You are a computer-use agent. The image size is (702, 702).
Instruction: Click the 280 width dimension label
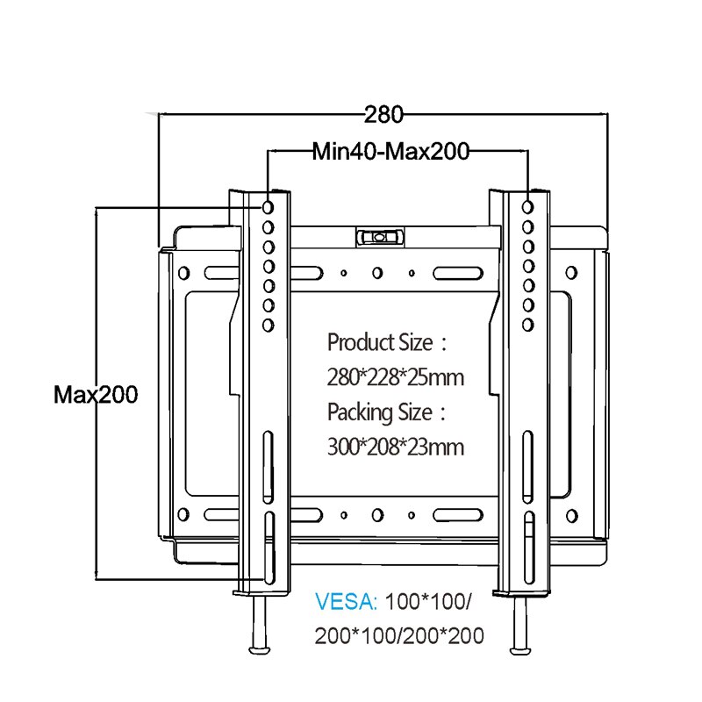pos(383,114)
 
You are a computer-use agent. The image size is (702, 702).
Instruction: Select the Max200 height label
pos(96,394)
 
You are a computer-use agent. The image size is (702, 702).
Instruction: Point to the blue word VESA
pos(346,603)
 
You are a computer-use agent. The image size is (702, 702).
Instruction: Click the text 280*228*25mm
pos(395,378)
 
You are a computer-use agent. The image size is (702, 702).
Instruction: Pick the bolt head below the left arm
pos(260,650)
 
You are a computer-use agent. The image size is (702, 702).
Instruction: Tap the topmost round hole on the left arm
pos(267,206)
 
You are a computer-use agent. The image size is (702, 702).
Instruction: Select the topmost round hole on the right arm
pos(527,207)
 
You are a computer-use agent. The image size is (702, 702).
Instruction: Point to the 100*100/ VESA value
pos(429,603)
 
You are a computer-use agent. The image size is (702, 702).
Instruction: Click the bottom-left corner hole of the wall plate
pos(185,514)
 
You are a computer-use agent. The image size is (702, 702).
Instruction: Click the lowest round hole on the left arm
pos(267,325)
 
